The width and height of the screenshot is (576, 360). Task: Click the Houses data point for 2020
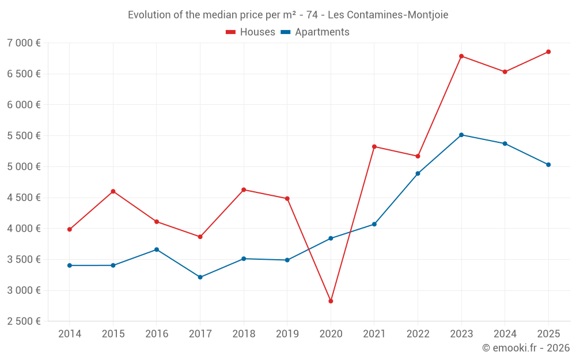[x=331, y=301]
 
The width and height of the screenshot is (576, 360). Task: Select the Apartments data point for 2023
[x=461, y=135]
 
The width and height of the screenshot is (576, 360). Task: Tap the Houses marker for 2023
[x=461, y=56]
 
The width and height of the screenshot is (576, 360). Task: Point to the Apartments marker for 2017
[x=200, y=277]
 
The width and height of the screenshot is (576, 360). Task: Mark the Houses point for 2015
[x=113, y=191]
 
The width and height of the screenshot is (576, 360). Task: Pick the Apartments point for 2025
[x=548, y=165]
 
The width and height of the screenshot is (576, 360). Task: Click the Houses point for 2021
[x=374, y=146]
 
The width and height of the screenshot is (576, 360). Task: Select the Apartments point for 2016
[x=157, y=249]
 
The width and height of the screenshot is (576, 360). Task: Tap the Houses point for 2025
[x=548, y=52]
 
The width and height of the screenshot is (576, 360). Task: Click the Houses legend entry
[x=251, y=32]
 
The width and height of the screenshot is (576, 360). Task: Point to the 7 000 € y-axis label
[x=24, y=43]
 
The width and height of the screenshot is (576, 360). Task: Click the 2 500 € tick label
[x=24, y=321]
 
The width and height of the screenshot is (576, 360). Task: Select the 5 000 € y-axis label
[x=24, y=167]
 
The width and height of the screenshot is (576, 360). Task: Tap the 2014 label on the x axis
[x=70, y=334]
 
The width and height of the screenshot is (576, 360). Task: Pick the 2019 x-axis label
[x=287, y=334]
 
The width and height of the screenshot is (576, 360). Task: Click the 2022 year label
[x=418, y=334]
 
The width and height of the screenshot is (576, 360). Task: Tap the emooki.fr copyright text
[x=526, y=348]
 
